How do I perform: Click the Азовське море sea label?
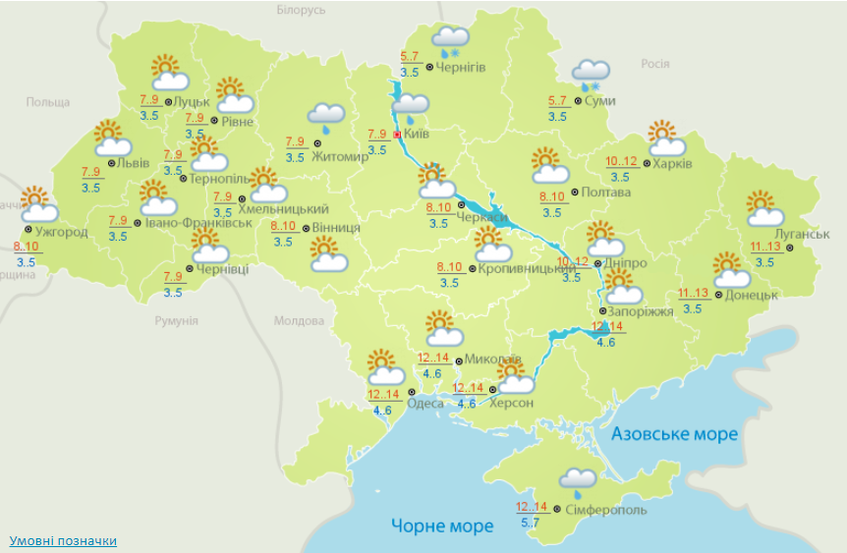point(674,434)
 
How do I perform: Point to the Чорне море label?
point(442,526)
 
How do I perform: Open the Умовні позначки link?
point(63,541)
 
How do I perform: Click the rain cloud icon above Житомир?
point(326,119)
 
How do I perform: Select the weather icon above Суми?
point(592,75)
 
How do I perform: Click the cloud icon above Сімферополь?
point(577,480)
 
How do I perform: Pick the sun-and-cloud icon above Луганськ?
point(763,209)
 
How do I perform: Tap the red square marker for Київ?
point(397,135)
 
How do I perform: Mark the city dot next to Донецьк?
point(718,295)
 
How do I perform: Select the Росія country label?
point(655,64)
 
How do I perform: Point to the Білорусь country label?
point(301,10)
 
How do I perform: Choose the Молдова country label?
point(299,321)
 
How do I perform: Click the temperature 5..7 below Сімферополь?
point(530,523)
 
